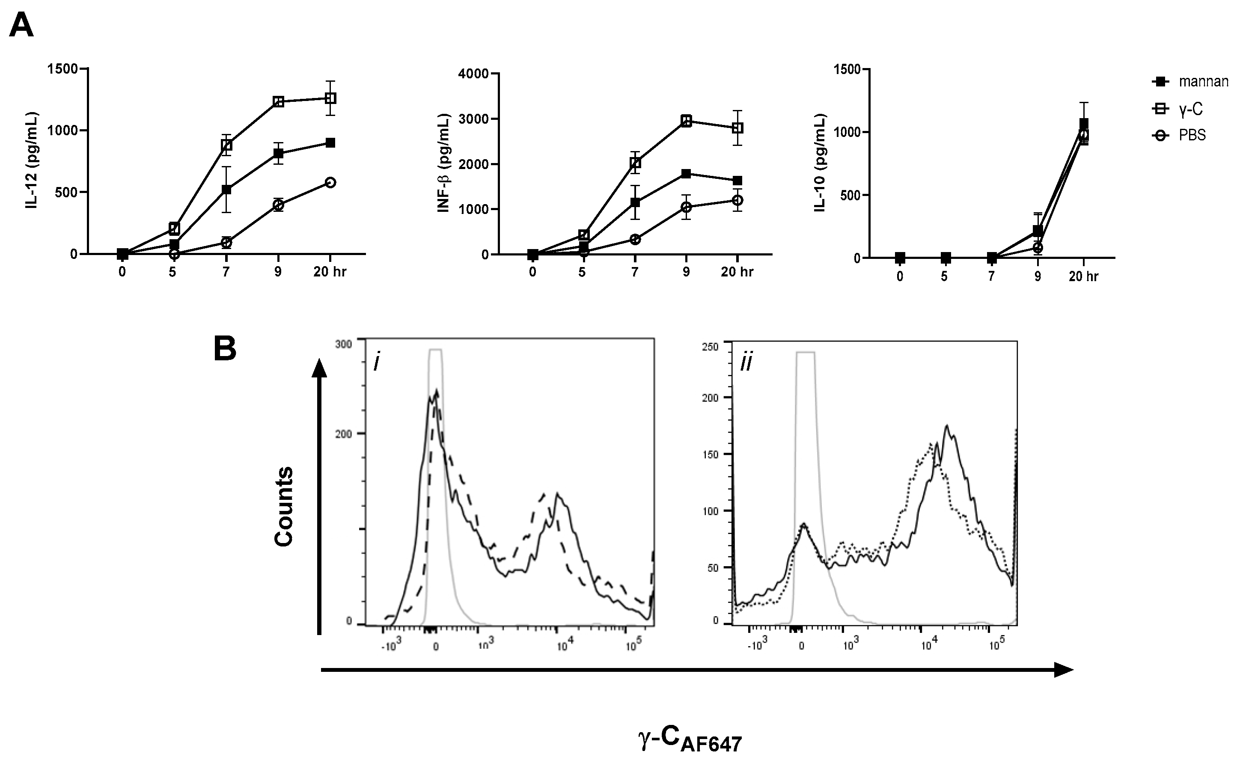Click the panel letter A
[x=21, y=25]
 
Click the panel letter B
[x=225, y=349]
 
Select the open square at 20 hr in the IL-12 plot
[x=330, y=98]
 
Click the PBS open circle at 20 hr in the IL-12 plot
[x=330, y=182]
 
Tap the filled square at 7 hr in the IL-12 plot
[x=227, y=190]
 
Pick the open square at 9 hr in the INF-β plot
[x=686, y=121]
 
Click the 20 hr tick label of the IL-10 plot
[x=1083, y=276]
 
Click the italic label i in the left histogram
[x=376, y=363]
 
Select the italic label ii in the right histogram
[x=746, y=363]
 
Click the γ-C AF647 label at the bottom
[x=690, y=739]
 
